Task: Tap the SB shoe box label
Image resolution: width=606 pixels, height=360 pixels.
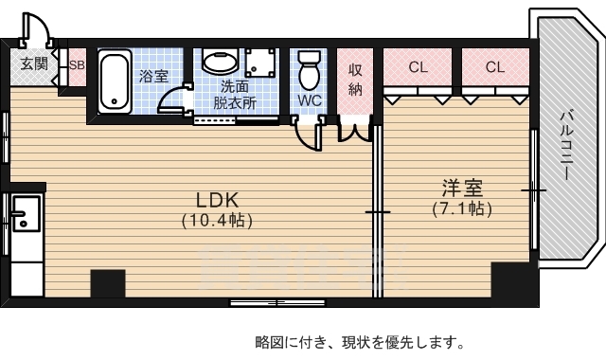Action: [76, 65]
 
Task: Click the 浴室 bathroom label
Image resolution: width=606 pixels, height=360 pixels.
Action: [152, 76]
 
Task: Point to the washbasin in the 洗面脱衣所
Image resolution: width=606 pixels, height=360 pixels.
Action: [220, 63]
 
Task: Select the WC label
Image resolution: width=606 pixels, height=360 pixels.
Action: [310, 99]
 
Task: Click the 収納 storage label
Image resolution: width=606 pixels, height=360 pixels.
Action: [356, 80]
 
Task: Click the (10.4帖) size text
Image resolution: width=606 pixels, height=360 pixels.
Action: [217, 220]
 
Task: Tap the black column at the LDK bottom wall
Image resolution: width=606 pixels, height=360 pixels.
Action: [108, 284]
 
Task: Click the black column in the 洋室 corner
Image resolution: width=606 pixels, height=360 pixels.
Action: [512, 281]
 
